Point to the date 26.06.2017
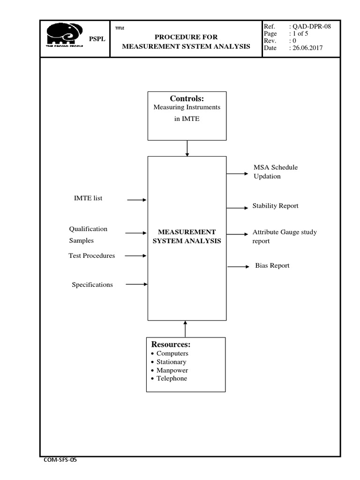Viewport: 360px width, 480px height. coord(307,48)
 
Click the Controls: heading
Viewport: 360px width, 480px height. coord(187,98)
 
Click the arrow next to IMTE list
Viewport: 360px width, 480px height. coord(137,200)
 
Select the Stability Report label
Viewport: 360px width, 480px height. coord(275,206)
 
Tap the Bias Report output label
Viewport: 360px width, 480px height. coord(272,266)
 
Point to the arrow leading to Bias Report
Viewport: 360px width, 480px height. coord(239,267)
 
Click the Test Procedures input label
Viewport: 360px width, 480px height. coord(92,255)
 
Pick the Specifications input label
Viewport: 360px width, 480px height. coord(92,285)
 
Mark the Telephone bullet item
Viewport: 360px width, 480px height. coord(172,378)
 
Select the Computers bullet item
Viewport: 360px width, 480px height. coord(172,353)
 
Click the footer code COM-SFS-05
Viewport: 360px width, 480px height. coord(60,460)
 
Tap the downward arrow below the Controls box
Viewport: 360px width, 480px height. coord(187,148)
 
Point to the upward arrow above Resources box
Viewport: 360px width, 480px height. coord(186,329)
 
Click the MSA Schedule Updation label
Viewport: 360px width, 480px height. coord(275,172)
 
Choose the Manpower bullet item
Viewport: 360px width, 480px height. coord(172,370)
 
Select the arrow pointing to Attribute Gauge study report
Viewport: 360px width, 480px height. coord(238,234)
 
